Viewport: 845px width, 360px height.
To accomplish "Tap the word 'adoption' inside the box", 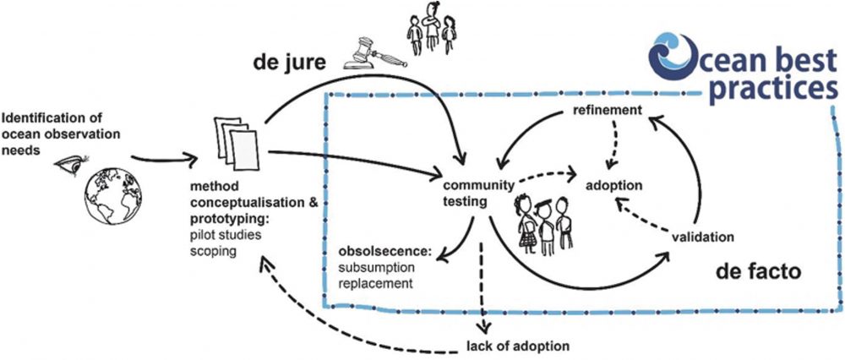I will pyautogui.click(x=614, y=184).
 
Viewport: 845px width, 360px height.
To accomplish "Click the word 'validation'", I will pyautogui.click(x=703, y=237).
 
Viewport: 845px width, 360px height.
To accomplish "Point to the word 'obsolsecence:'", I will pyautogui.click(x=384, y=253).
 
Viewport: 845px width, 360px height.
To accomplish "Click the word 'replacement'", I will pyautogui.click(x=374, y=283).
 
